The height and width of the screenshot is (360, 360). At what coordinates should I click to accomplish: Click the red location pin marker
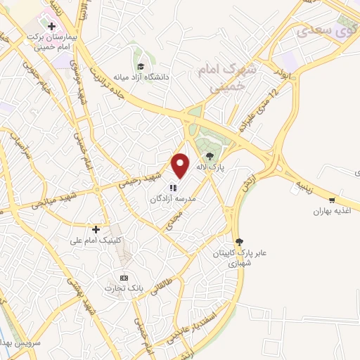coord(181,165)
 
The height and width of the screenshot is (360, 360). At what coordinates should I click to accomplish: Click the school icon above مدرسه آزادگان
coord(174,187)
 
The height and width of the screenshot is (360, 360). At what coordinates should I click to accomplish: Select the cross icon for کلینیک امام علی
coord(96,229)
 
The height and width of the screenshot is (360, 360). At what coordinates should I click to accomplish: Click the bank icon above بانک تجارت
coord(124,277)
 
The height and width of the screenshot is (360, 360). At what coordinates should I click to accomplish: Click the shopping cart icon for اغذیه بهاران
coord(331,200)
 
